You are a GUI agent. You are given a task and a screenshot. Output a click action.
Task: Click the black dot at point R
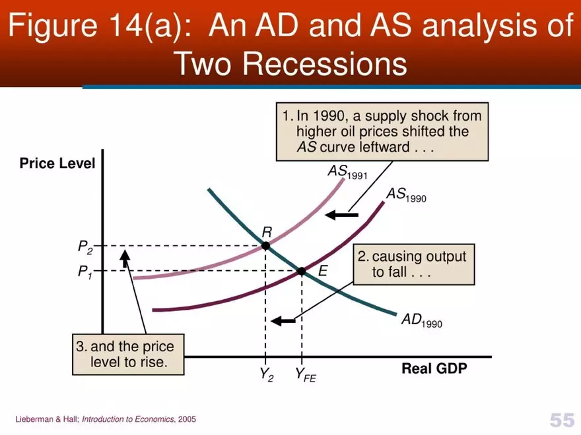265,245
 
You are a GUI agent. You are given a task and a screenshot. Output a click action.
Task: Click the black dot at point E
302,271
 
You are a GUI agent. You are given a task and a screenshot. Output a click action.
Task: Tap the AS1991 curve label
347,172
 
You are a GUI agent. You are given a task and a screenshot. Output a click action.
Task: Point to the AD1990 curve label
422,321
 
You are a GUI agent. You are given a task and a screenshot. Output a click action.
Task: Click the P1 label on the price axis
86,272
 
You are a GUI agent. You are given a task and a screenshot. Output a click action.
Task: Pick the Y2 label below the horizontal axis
266,375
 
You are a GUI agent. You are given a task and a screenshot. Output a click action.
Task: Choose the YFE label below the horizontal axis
305,376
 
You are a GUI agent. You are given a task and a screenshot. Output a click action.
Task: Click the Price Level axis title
57,163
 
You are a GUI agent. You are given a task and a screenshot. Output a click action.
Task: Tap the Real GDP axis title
434,368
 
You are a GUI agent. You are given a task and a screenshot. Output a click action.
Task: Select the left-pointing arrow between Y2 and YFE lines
284,321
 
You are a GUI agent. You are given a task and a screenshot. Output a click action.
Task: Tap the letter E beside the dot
323,270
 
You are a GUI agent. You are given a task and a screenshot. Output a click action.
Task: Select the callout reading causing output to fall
414,265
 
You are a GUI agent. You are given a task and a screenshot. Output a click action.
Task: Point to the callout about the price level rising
128,354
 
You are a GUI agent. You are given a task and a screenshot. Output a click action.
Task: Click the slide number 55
561,420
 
